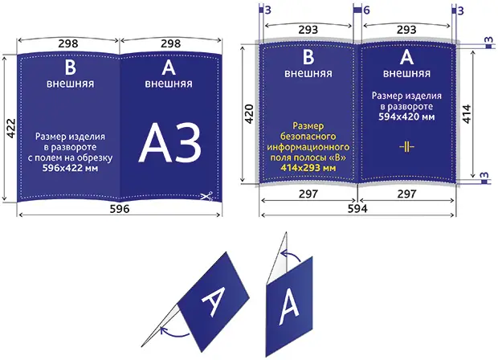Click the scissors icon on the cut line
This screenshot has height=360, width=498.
tap(206, 196)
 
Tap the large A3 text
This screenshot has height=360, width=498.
tap(170, 143)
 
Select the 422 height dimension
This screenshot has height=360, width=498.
tap(10, 128)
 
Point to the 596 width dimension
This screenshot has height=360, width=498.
tap(120, 209)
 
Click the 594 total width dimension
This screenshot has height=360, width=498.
tap(357, 208)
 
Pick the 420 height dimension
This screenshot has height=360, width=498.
tap(249, 114)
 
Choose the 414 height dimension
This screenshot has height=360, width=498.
tap(467, 114)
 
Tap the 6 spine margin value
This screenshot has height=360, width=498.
tap(366, 10)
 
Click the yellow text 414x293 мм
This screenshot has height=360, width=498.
tap(308, 167)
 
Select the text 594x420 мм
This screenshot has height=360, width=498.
tap(406, 117)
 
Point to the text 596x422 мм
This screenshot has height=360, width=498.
tap(70, 168)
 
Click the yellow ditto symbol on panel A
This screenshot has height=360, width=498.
tap(406, 147)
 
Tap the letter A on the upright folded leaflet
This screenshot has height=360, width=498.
tap(288, 309)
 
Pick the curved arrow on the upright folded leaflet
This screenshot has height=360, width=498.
tap(291, 255)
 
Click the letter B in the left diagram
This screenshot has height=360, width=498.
tap(70, 67)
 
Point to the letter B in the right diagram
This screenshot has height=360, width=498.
tap(308, 57)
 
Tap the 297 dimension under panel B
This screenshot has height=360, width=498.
tap(308, 194)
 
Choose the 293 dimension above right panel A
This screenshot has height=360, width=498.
tap(406, 30)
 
